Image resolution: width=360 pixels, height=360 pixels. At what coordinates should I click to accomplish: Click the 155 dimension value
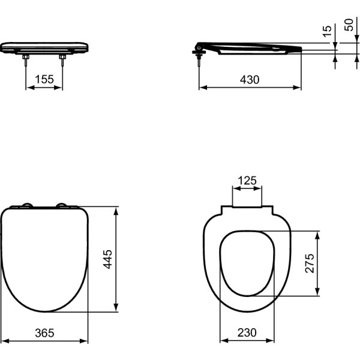pos(44,78)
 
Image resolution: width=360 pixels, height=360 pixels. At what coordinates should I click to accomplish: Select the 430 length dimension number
pos(250,78)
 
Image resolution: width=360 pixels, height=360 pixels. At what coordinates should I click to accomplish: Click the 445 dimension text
pos(107,259)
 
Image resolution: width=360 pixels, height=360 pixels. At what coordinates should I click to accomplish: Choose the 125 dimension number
pos(247,179)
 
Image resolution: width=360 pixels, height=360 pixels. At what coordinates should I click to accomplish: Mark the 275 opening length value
pos(309,262)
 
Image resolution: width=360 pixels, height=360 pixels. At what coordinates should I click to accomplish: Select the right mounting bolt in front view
pos(62,58)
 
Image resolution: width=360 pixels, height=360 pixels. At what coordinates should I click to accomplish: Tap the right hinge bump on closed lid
pos(62,205)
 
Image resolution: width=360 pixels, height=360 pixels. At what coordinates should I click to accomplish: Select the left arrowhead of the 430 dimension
pos(202,87)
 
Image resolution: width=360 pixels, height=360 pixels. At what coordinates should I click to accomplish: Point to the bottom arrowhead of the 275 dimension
pos(317,293)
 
